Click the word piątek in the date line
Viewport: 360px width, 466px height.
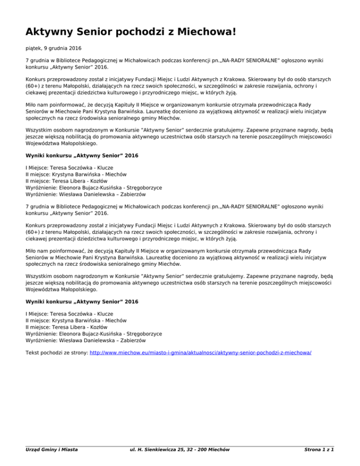34,48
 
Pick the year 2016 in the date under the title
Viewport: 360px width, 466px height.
68,48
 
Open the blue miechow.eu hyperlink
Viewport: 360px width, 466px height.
200,352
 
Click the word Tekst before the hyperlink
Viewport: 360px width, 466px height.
33,352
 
